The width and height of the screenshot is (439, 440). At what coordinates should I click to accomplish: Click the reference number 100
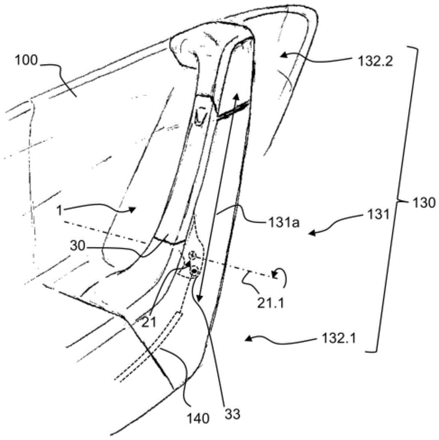click(x=26, y=60)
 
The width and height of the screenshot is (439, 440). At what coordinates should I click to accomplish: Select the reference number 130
click(x=424, y=202)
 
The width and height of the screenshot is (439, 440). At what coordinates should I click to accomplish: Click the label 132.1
click(x=339, y=339)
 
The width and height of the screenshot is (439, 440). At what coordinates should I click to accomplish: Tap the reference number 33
click(x=232, y=414)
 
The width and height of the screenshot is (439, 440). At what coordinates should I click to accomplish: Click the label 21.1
click(x=271, y=303)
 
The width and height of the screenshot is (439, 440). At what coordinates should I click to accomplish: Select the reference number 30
click(x=77, y=246)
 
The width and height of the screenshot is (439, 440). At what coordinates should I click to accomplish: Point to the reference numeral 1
click(x=59, y=210)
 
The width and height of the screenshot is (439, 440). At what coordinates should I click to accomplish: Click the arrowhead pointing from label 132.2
click(x=284, y=56)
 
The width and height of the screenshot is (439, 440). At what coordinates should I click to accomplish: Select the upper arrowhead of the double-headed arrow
click(x=236, y=97)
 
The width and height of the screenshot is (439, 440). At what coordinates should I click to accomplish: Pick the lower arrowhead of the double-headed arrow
click(x=200, y=297)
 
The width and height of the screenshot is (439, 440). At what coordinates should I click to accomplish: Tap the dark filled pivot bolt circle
click(x=194, y=271)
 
